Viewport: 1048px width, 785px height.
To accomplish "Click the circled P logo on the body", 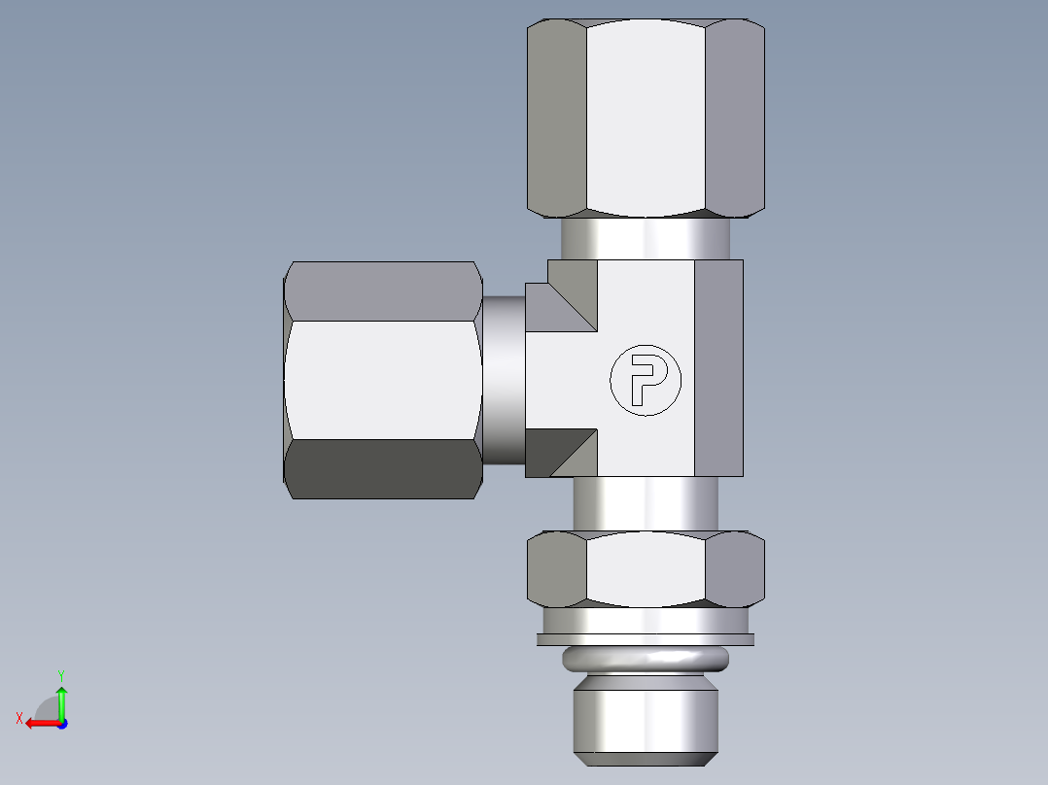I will (646, 379).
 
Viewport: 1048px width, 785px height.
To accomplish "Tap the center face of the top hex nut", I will (646, 117).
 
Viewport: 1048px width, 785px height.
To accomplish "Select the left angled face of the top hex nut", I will (556, 117).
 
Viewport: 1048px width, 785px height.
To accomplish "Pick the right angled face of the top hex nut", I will (734, 117).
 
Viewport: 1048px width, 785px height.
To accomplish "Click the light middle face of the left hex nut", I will (383, 379).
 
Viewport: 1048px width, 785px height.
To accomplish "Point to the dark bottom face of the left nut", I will (383, 468).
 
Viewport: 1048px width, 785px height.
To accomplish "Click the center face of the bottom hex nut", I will (646, 568).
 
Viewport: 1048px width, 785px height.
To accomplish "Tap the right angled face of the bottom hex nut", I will (734, 568).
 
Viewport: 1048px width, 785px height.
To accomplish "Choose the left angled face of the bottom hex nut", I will (556, 568).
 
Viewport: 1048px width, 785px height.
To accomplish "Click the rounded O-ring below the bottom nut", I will (646, 661).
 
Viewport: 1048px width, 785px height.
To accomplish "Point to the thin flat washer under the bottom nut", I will (646, 638).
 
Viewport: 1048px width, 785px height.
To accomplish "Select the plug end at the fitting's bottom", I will (646, 719).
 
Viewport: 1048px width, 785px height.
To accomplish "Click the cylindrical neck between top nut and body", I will (646, 238).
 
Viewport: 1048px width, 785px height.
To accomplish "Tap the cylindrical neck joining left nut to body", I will (504, 379).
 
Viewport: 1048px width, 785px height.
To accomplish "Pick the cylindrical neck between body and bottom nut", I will (646, 503).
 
